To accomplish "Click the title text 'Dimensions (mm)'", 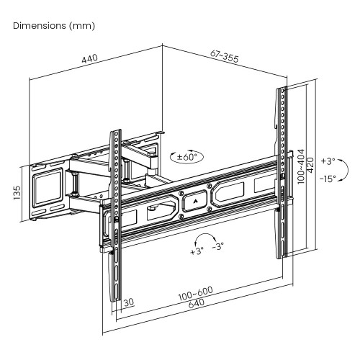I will (54, 25).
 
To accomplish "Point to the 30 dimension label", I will (127, 303).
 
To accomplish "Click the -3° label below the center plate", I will (217, 246).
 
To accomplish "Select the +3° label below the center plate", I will (196, 252).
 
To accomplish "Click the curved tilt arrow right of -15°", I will (345, 170).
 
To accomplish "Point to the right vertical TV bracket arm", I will (281, 173).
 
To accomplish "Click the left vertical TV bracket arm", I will (114, 216).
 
